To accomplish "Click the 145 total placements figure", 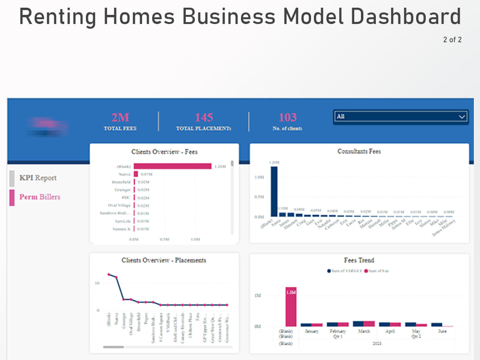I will [204, 118].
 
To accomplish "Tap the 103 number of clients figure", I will [288, 118].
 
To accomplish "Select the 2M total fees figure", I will [120, 118].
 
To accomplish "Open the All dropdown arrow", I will [462, 117].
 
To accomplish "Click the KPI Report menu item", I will [38, 178].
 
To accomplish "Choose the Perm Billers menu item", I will [40, 197].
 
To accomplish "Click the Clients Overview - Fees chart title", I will [164, 152].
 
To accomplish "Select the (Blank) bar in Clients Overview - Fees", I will [172, 167].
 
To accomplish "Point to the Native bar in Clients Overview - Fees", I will [136, 174].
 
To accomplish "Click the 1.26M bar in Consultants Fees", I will [274, 192].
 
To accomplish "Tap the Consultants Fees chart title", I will [359, 152].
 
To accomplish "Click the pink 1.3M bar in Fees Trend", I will [291, 307].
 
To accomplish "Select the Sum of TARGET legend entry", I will [345, 271].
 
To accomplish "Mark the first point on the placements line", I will [109, 275].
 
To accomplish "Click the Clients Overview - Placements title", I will [164, 261].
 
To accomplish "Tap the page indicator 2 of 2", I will [452, 40].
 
